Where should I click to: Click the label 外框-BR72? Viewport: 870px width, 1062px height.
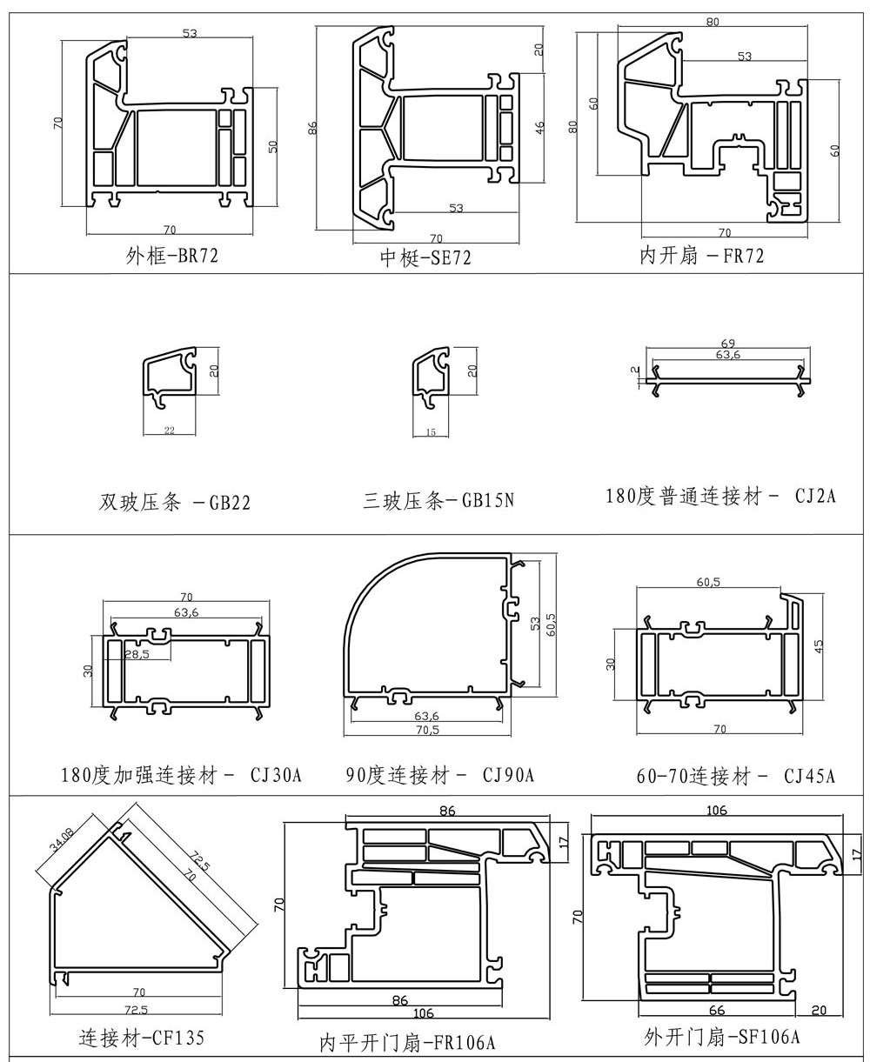pos(171,256)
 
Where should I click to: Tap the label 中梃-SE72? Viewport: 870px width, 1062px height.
pos(425,257)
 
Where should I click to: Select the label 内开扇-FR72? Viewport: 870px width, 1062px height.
pos(701,256)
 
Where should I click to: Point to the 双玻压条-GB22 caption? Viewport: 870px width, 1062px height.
pos(175,503)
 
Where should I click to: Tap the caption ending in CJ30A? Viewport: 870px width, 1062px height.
pos(181,775)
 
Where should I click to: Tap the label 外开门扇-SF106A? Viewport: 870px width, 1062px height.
pos(721,1037)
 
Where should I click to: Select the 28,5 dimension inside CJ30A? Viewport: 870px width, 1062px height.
pos(136,655)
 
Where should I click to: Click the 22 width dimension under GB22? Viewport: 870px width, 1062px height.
pos(169,431)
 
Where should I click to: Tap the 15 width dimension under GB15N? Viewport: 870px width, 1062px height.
pos(432,431)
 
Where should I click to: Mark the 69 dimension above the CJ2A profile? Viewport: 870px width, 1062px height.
pos(727,344)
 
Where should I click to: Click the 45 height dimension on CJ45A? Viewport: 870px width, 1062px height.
pos(820,646)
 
